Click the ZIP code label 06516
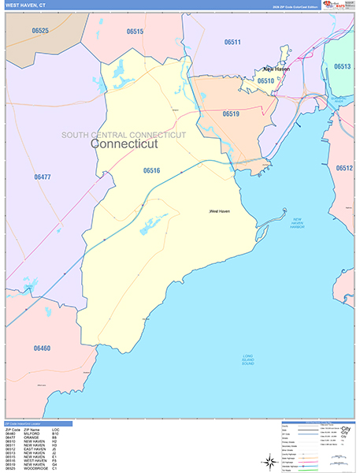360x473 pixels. (152, 170)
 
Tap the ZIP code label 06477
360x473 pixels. (43, 177)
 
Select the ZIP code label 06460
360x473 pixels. (42, 348)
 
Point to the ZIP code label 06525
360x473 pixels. (39, 31)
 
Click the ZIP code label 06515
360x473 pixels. (135, 32)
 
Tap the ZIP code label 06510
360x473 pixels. (265, 80)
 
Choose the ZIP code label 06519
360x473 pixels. (230, 114)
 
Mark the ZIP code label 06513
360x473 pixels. (342, 67)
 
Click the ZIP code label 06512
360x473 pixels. (344, 169)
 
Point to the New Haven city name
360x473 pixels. (276, 69)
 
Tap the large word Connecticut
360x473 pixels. (124, 144)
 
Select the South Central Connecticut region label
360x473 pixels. (124, 135)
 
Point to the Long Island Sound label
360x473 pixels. (251, 361)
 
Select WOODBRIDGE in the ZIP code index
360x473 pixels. (39, 468)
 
